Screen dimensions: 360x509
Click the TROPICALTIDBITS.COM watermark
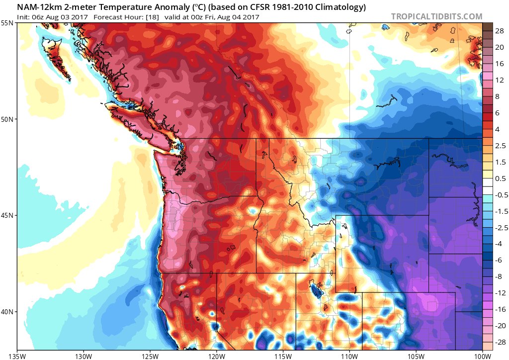[x=436, y=16]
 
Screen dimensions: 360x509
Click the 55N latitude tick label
[x=7, y=23]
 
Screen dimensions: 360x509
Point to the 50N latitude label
[x=7, y=119]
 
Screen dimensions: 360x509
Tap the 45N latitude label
[x=7, y=215]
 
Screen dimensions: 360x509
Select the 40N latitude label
[x=7, y=311]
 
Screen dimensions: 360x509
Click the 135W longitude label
[x=17, y=356]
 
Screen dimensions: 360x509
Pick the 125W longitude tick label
[x=150, y=356]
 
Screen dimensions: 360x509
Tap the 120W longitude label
[x=216, y=356]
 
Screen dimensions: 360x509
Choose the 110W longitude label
[x=349, y=356]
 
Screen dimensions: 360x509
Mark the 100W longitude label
[x=482, y=356]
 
